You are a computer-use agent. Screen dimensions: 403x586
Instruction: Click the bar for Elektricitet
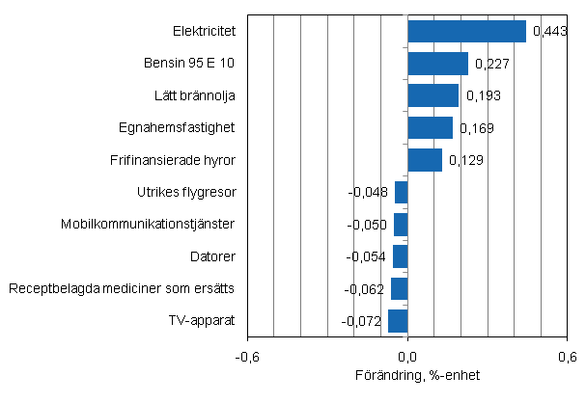466,32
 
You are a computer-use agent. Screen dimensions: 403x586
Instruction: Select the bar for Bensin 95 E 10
437,64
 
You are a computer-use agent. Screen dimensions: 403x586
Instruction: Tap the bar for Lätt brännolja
433,95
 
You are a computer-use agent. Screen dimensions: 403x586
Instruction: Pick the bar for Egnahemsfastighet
430,127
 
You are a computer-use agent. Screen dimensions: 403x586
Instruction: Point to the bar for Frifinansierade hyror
425,159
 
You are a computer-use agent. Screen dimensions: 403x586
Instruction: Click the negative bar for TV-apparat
398,320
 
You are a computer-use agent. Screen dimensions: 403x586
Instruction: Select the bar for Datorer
400,256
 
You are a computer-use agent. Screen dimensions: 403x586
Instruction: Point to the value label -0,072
363,321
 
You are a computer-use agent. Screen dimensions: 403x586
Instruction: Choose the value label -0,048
368,193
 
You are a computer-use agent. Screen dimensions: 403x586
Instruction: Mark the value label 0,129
464,161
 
